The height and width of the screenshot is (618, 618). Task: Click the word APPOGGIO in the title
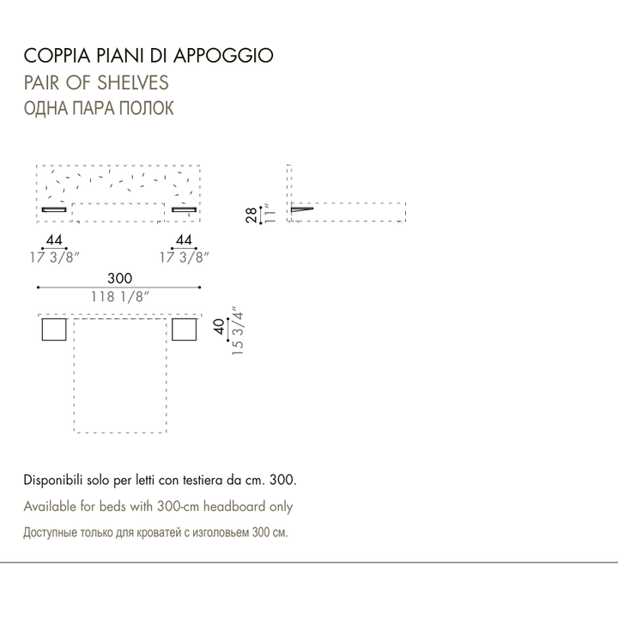point(223,56)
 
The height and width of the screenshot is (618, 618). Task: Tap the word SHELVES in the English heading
point(133,82)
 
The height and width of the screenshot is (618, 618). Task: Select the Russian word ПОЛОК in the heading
point(146,108)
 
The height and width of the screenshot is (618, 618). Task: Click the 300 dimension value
point(120,278)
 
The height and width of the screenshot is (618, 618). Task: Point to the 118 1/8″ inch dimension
point(120,297)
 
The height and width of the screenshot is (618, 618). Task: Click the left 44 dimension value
point(54,239)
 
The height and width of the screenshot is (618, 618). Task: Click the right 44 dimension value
point(184,239)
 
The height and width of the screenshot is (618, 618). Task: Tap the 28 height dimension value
point(251,215)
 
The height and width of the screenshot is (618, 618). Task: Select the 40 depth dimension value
point(219,326)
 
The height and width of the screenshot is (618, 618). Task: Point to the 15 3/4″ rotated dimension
point(238,330)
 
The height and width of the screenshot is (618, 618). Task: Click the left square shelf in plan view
point(54,329)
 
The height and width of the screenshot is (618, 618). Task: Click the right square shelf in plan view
point(184,329)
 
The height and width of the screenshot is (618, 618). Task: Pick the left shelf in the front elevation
point(54,209)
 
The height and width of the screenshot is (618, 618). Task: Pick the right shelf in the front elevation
point(184,209)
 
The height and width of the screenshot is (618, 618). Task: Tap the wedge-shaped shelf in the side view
point(301,209)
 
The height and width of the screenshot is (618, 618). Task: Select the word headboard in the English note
point(234,506)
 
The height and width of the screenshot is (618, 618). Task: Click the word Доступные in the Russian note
point(51,533)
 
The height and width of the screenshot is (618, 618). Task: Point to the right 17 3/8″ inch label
point(184,257)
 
